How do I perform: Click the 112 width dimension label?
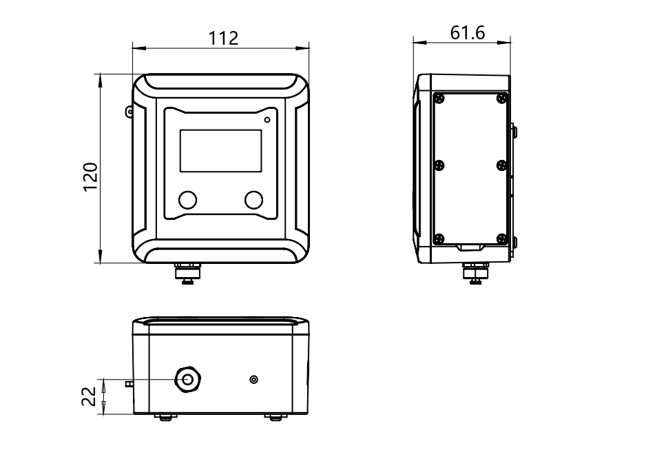pyautogui.click(x=223, y=39)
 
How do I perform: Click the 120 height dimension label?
pyautogui.click(x=91, y=177)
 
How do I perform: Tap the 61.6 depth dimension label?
pyautogui.click(x=468, y=33)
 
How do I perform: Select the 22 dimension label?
pyautogui.click(x=89, y=396)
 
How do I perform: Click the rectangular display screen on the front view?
pyautogui.click(x=221, y=151)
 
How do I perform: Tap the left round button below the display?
pyautogui.click(x=187, y=200)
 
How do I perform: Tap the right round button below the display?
pyautogui.click(x=253, y=200)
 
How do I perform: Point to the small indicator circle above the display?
pyautogui.click(x=267, y=119)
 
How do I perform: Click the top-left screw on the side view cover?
pyautogui.click(x=439, y=98)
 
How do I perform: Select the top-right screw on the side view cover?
pyautogui.click(x=502, y=98)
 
